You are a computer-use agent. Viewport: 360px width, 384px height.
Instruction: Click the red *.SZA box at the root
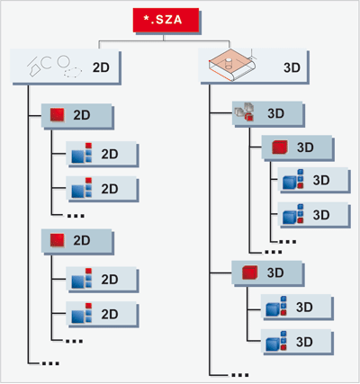[166, 20]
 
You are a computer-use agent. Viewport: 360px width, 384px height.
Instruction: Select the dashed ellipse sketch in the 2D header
[72, 72]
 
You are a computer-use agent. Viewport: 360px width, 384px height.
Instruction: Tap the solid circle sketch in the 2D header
[64, 61]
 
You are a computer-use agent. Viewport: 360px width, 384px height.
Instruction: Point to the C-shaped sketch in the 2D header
[46, 63]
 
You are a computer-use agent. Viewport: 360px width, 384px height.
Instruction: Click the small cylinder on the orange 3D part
[229, 63]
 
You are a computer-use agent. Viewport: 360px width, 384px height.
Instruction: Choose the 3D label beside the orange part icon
[292, 67]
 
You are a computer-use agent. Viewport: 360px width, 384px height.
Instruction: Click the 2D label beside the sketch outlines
[101, 67]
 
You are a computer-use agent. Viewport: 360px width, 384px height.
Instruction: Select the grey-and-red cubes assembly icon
[244, 112]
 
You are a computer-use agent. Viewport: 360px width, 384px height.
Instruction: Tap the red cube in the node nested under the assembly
[280, 147]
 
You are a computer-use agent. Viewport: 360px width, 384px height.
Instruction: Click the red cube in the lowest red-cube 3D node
[249, 272]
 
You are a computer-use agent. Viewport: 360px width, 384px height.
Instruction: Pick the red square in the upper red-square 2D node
[57, 115]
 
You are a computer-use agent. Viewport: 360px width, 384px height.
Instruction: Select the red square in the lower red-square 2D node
[57, 240]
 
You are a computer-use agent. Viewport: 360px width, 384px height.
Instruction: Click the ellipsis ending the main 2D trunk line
[50, 363]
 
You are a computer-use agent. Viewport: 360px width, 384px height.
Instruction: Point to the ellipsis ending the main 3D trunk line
[240, 375]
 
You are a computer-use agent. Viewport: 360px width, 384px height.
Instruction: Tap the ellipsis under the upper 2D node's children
[76, 216]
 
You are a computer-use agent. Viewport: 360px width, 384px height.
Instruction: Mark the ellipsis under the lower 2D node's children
[74, 341]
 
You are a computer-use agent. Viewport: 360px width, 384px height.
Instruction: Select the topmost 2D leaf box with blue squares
[102, 154]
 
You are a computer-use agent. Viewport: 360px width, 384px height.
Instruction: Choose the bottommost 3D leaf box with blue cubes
[296, 342]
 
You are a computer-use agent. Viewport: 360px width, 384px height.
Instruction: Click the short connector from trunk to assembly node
[221, 113]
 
